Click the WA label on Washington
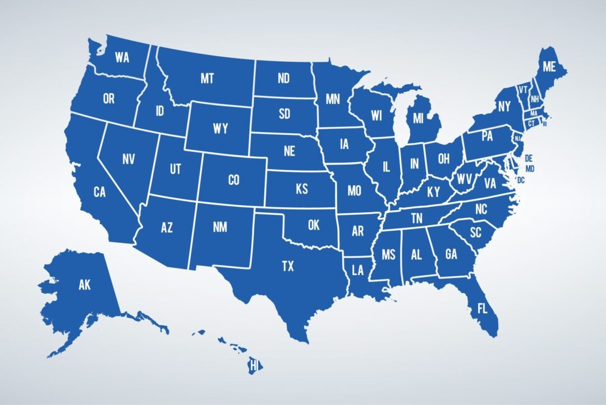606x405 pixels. point(122,57)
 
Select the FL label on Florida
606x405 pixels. point(482,308)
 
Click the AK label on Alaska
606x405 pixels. point(84,285)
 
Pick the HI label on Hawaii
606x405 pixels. point(255,366)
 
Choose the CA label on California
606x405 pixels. point(99,192)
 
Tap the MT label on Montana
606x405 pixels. point(207,79)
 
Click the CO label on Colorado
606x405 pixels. point(233,180)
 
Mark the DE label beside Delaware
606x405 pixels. point(529,158)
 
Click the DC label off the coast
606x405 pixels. point(521,180)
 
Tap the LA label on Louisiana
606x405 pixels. point(358,270)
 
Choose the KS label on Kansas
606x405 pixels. point(301,189)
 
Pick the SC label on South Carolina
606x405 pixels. point(475,231)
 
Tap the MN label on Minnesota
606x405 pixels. point(333,100)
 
